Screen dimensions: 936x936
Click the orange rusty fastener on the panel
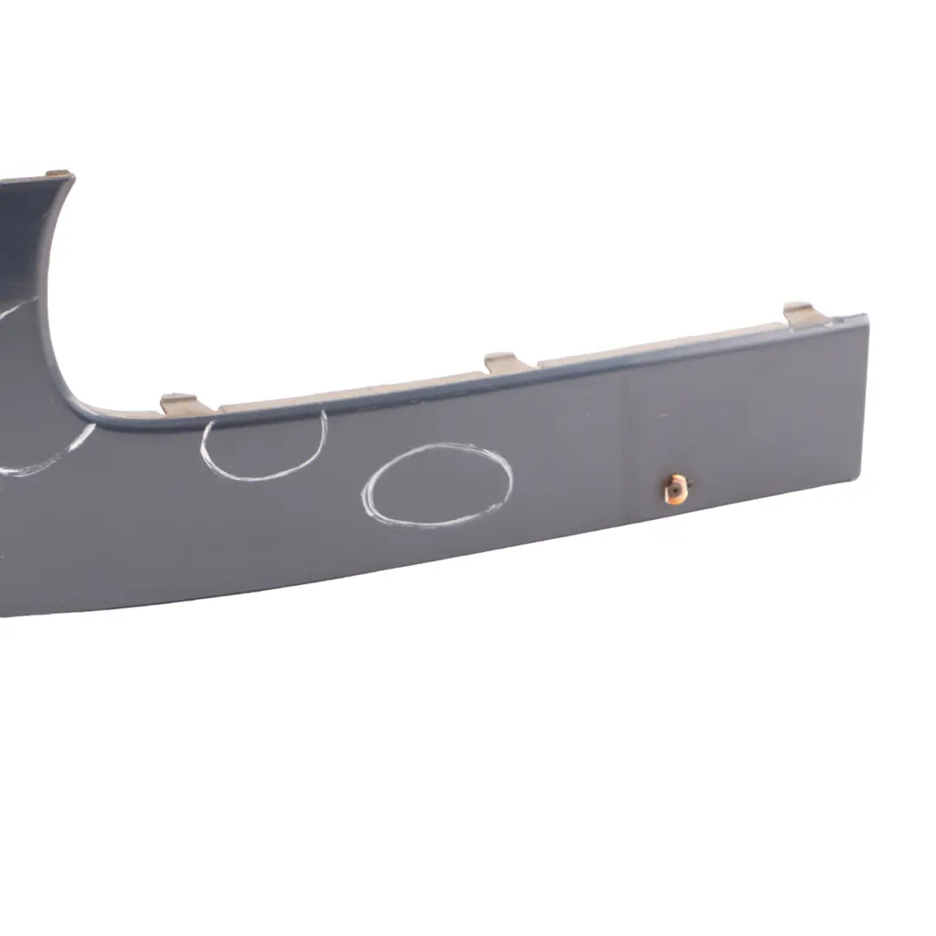(674, 489)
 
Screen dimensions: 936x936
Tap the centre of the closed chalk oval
(438, 485)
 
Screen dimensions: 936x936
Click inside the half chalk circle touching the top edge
(264, 446)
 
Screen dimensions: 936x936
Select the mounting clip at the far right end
(802, 315)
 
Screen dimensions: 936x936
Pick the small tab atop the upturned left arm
(58, 173)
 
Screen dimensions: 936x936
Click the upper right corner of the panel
(865, 317)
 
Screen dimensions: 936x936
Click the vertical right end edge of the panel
(863, 399)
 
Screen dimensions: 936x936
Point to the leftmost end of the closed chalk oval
(364, 496)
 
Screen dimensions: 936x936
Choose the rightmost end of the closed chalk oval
(511, 472)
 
